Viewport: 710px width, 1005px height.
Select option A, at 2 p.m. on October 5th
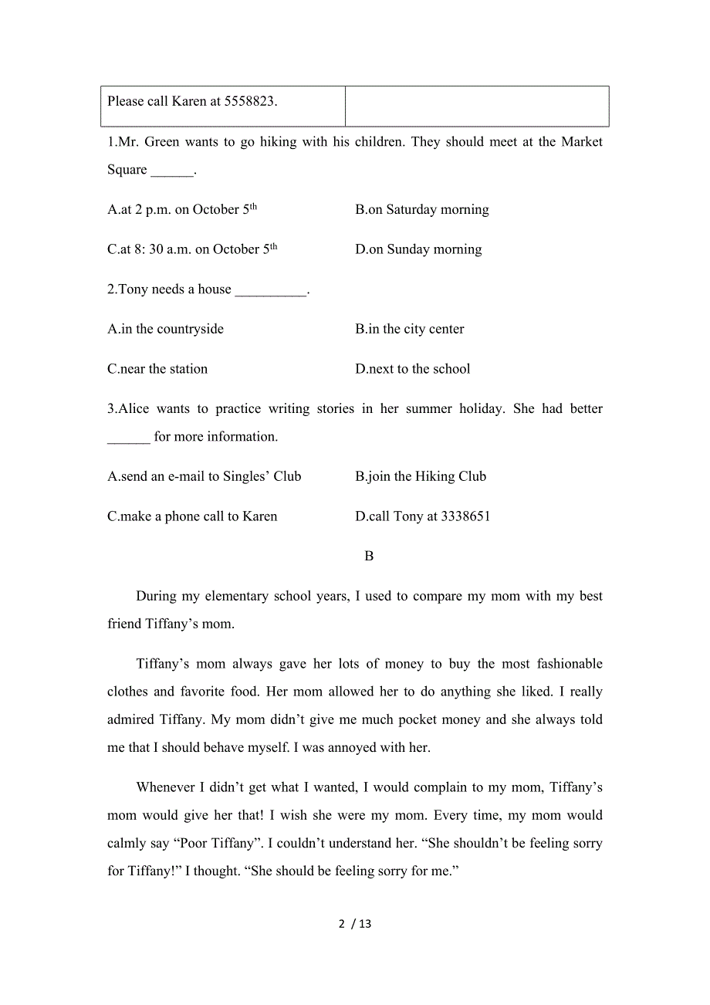pyautogui.click(x=182, y=209)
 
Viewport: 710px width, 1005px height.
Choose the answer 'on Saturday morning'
pyautogui.click(x=422, y=209)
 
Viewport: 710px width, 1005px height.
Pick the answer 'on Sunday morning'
pyautogui.click(x=418, y=249)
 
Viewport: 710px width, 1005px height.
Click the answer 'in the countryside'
pyautogui.click(x=165, y=329)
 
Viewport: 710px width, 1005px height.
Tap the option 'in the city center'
pyautogui.click(x=410, y=329)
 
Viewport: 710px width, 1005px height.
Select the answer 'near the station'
pyautogui.click(x=157, y=369)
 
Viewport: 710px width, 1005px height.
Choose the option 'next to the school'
pyautogui.click(x=413, y=369)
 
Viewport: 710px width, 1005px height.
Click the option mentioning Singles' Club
pyautogui.click(x=204, y=476)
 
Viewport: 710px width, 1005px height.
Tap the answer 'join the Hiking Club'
pyautogui.click(x=421, y=476)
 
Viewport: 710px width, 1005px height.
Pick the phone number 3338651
pyautogui.click(x=465, y=516)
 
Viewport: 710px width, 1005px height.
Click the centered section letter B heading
pyautogui.click(x=369, y=556)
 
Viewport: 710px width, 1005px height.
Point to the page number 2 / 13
pyautogui.click(x=355, y=923)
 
